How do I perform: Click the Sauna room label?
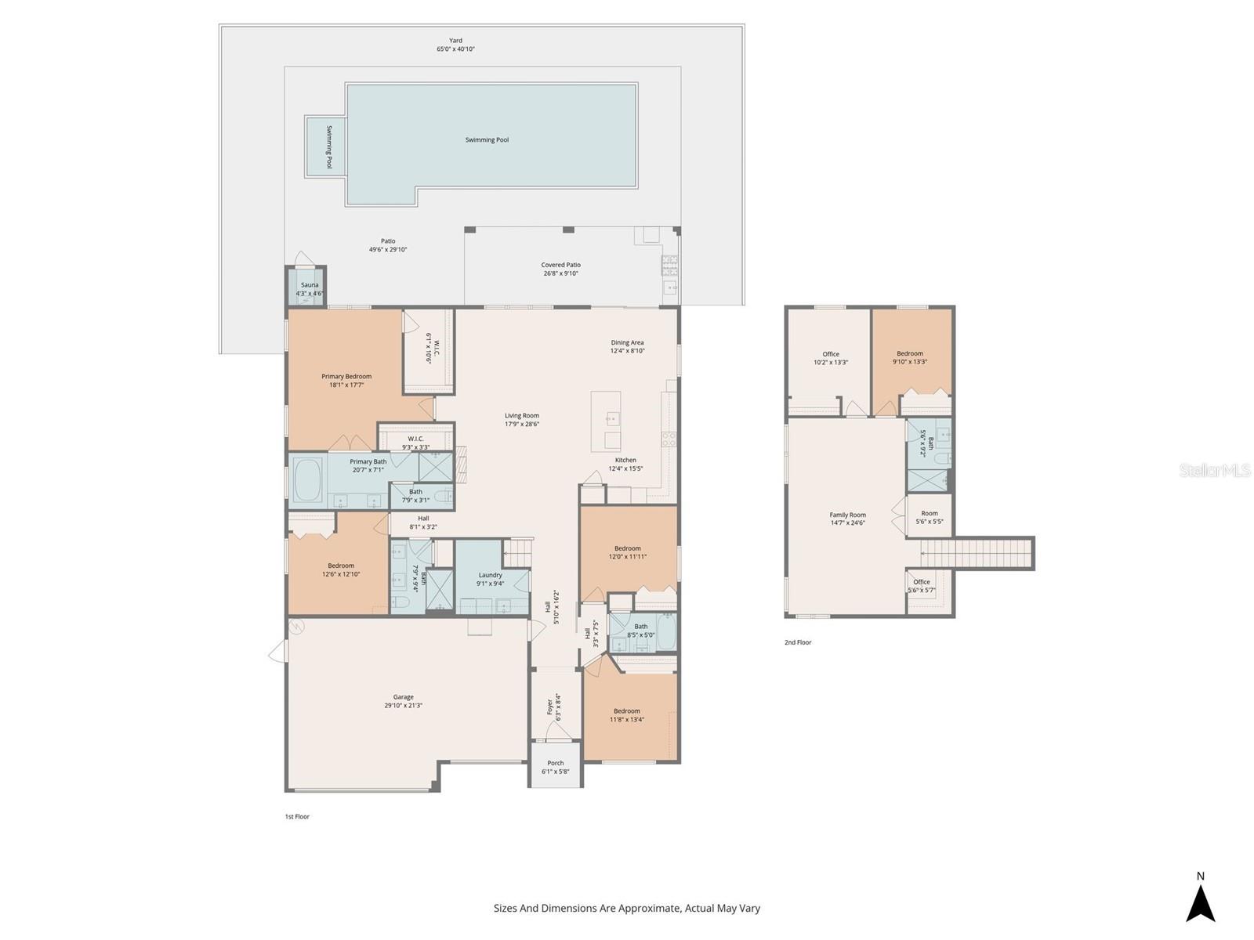pyautogui.click(x=310, y=285)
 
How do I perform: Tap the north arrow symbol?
pyautogui.click(x=1200, y=902)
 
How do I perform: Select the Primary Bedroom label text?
pyautogui.click(x=346, y=377)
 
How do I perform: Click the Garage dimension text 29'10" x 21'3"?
pyautogui.click(x=403, y=706)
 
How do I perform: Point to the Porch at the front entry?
pyautogui.click(x=555, y=766)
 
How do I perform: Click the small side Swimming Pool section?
pyautogui.click(x=325, y=147)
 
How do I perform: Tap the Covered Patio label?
pyautogui.click(x=560, y=265)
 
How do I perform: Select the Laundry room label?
pyautogui.click(x=490, y=575)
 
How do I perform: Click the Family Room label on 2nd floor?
pyautogui.click(x=847, y=515)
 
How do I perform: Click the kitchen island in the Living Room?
pyautogui.click(x=605, y=421)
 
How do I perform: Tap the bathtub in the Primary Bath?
pyautogui.click(x=307, y=480)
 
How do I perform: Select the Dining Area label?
pyautogui.click(x=627, y=342)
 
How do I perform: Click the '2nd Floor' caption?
pyautogui.click(x=798, y=642)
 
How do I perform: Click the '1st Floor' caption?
pyautogui.click(x=297, y=816)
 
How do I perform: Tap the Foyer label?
pyautogui.click(x=549, y=707)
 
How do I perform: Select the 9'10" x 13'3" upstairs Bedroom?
pyautogui.click(x=910, y=357)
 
